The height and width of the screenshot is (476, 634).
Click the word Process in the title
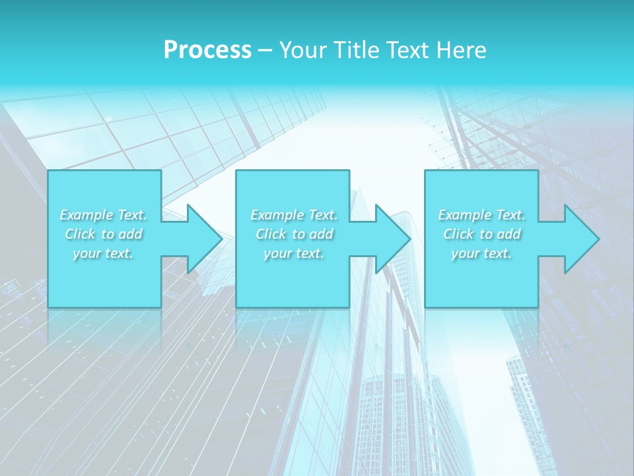coord(207,50)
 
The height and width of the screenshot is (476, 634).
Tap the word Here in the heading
coord(462,50)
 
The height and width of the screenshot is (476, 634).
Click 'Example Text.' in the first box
coord(104,215)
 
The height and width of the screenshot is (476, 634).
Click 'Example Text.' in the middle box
coord(294,215)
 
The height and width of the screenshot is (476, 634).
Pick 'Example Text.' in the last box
coord(481,215)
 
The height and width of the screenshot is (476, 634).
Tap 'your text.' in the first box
coord(104,253)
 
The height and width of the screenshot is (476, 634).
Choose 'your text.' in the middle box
coord(294,253)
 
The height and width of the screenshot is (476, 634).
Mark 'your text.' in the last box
coord(481,253)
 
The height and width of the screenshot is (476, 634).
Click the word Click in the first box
coord(80,234)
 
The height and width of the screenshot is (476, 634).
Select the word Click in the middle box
coord(270,234)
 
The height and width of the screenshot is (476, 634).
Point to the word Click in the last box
coord(458,234)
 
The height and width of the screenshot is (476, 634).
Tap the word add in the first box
coord(131,234)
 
